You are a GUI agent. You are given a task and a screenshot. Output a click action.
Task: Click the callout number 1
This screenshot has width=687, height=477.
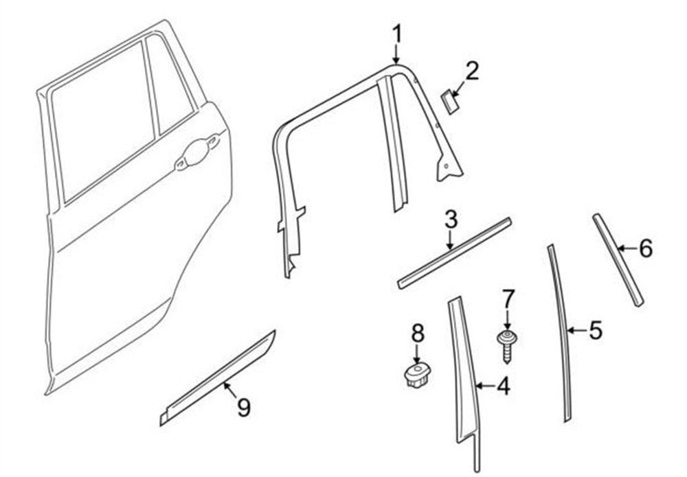(x=396, y=34)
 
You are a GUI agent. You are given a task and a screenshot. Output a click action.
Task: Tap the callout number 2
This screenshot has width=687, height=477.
(x=471, y=71)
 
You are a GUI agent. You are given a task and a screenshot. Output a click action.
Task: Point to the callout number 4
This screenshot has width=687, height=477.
(x=504, y=386)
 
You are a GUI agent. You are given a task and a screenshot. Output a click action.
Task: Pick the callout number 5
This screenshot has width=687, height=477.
(x=596, y=330)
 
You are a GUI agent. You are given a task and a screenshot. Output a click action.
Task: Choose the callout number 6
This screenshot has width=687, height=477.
(x=646, y=248)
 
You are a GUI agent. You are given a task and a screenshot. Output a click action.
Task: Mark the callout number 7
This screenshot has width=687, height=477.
(x=507, y=299)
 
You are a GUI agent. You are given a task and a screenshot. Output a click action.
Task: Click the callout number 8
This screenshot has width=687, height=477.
(x=418, y=332)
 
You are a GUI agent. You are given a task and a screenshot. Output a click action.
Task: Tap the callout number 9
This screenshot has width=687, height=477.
(x=244, y=408)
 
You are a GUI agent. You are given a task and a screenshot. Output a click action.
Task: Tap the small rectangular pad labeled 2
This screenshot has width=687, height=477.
(x=449, y=102)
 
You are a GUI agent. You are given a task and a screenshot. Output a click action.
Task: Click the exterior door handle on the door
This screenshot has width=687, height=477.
(x=197, y=152)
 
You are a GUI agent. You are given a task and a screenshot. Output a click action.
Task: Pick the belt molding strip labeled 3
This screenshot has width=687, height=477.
(x=454, y=253)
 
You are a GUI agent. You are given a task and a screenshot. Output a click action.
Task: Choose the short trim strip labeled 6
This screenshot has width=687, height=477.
(x=618, y=259)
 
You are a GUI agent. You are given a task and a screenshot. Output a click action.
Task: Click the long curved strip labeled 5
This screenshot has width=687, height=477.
(x=561, y=333)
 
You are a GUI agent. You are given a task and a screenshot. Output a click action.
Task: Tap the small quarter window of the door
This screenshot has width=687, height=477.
(x=169, y=84)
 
